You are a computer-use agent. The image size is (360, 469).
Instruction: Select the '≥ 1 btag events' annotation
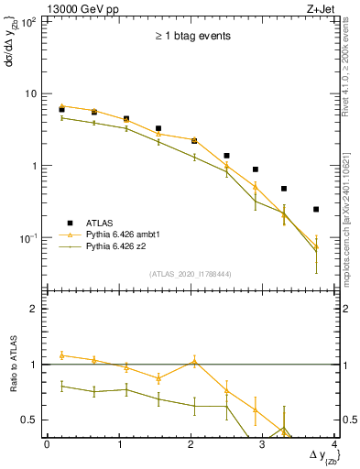[191, 37]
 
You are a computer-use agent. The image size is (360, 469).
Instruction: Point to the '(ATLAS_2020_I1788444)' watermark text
[191, 273]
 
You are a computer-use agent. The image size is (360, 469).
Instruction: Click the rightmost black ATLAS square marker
[316, 210]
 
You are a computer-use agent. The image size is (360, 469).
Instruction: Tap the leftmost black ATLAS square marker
[61, 110]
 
